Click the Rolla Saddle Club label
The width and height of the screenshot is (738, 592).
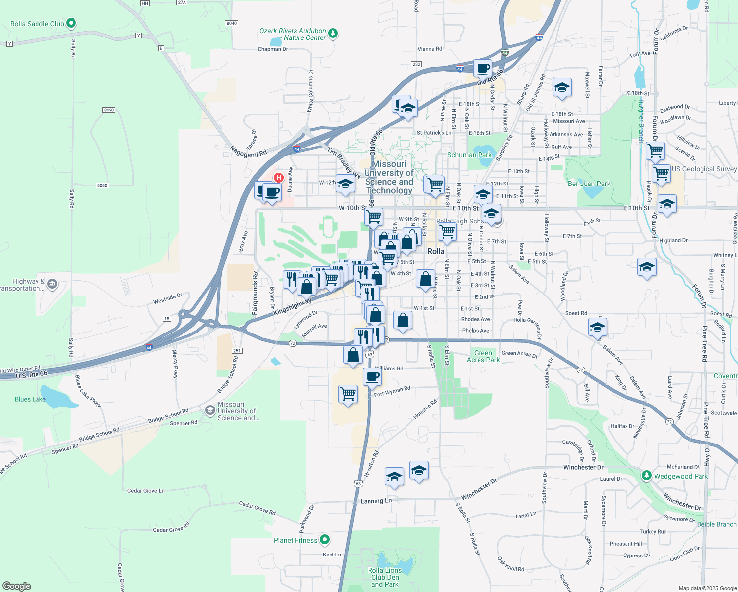click(37, 24)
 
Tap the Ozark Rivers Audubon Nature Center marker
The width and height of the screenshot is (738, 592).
click(333, 34)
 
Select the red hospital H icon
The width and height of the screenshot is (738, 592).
click(279, 178)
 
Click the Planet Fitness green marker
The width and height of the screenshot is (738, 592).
click(324, 540)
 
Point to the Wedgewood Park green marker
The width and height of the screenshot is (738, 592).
click(646, 475)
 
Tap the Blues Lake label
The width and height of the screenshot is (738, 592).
click(30, 399)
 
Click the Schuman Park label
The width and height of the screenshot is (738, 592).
click(469, 155)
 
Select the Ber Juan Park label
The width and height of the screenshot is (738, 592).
click(589, 184)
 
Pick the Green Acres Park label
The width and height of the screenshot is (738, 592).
click(483, 356)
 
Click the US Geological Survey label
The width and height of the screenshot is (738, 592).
click(704, 169)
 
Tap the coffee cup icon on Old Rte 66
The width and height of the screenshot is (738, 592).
click(482, 68)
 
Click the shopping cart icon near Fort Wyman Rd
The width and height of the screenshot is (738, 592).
click(348, 394)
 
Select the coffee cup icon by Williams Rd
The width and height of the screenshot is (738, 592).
click(372, 377)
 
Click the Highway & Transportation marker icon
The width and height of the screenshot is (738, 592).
click(53, 284)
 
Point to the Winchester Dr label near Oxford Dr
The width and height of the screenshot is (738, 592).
click(583, 467)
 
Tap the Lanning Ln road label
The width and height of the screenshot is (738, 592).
click(376, 501)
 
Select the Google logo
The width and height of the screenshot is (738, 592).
click(16, 586)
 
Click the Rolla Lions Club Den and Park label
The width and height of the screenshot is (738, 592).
click(385, 577)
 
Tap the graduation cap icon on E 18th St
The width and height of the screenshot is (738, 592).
click(562, 88)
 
